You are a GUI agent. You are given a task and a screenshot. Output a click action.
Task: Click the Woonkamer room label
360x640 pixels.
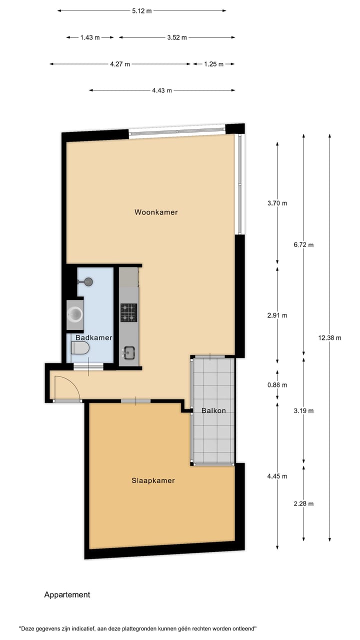tap(156, 212)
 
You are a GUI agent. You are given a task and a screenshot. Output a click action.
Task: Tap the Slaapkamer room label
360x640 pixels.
tap(153, 480)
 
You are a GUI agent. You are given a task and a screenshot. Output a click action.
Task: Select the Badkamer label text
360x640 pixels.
tap(93, 337)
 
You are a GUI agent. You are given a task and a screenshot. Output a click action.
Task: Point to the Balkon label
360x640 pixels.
tap(213, 410)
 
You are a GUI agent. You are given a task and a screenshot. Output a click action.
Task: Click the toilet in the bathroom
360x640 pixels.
tap(80, 348)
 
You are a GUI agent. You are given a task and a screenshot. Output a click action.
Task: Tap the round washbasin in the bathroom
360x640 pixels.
tap(75, 314)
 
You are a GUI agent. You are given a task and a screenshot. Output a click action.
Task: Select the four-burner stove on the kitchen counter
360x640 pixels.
tap(128, 312)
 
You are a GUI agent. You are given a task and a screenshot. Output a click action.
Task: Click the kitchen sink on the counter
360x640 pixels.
tap(128, 352)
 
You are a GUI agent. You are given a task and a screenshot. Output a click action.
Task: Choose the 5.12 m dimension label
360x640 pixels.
tap(142, 11)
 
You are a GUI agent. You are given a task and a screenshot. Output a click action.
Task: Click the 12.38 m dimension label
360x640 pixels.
tap(329, 337)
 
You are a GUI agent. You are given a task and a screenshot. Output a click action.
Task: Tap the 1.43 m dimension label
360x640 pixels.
tap(90, 37)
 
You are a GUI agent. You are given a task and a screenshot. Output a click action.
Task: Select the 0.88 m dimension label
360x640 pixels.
tap(277, 384)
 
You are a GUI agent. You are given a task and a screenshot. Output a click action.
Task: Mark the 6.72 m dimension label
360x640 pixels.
tap(303, 244)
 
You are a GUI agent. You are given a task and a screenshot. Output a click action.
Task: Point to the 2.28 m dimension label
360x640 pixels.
tap(303, 503)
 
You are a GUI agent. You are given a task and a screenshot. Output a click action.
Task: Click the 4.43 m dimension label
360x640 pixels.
tap(162, 90)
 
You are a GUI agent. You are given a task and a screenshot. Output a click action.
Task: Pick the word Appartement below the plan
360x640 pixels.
tap(67, 594)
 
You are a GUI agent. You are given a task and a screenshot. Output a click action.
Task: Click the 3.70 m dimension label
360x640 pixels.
tap(277, 203)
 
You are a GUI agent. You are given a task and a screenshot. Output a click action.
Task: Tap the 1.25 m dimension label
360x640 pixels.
tap(213, 64)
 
